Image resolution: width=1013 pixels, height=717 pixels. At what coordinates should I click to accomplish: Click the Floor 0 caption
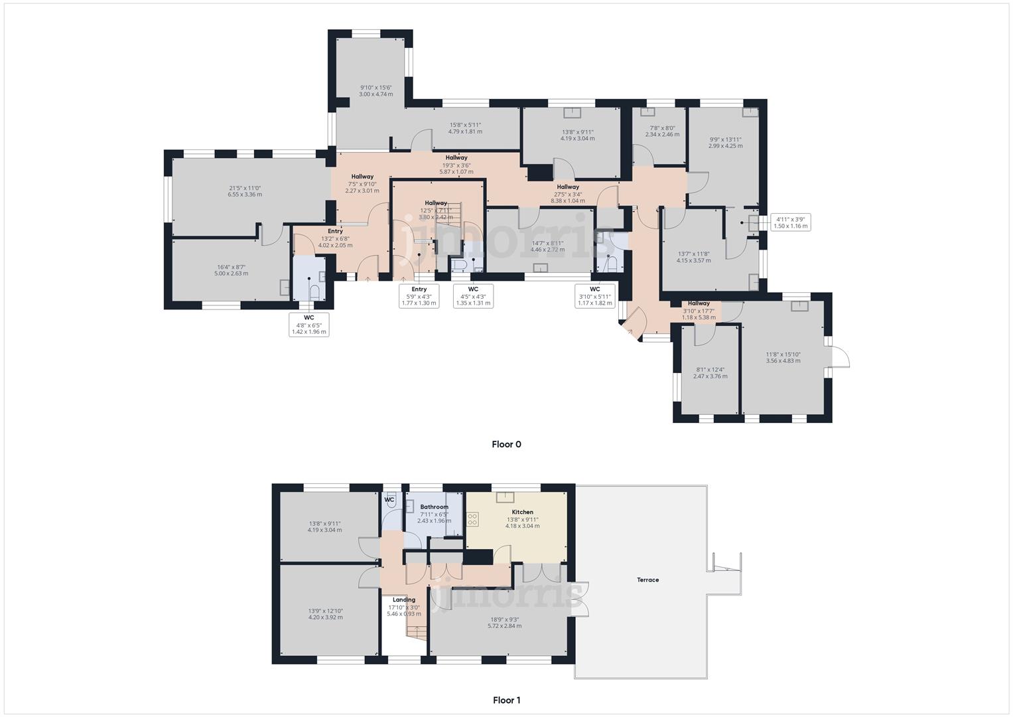pos(506,444)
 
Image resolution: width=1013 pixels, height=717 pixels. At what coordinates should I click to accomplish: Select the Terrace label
pos(647,580)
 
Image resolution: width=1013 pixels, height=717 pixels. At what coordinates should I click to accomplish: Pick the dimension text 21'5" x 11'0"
pos(245,191)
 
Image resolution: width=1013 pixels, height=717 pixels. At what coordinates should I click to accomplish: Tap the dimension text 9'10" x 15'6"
pos(375,91)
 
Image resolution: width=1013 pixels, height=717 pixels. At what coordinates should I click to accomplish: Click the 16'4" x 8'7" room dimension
pos(232,270)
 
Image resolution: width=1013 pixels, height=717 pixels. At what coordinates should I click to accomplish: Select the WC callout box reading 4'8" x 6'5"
pos(309,325)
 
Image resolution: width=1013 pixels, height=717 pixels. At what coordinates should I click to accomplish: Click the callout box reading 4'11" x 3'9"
pos(791,222)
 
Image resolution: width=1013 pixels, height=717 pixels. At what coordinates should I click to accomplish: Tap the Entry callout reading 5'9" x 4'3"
pos(419,296)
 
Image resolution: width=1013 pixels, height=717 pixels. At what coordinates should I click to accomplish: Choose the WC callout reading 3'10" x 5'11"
pos(594,296)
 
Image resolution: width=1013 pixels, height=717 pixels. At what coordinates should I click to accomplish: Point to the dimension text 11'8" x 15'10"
pos(783,357)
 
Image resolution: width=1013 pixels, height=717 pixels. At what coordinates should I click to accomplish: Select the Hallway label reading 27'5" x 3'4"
pos(568,194)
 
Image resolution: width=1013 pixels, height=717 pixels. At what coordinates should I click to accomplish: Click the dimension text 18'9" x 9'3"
pos(504,622)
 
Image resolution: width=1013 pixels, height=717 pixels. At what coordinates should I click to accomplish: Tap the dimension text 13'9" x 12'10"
pos(325,613)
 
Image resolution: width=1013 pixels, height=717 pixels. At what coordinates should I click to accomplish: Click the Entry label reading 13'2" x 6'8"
pos(335,238)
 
